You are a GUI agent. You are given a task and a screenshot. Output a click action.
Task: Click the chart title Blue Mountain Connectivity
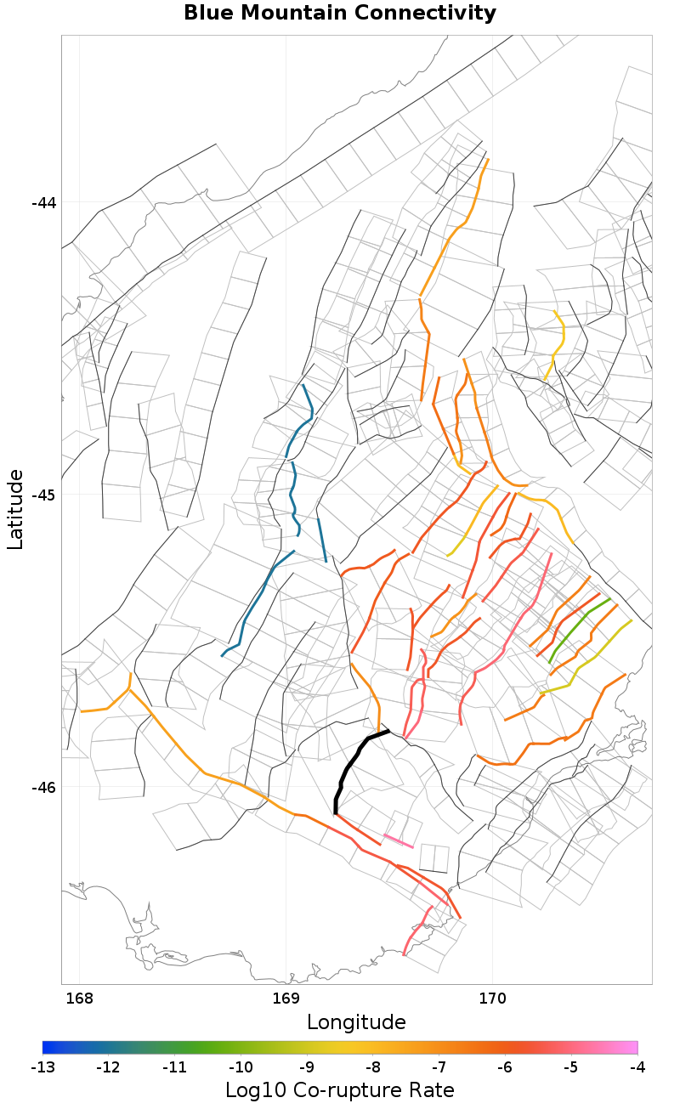click(x=340, y=14)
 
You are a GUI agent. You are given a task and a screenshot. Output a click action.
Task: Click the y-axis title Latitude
click(x=16, y=509)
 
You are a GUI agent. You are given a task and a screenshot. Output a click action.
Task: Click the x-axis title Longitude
click(x=356, y=1021)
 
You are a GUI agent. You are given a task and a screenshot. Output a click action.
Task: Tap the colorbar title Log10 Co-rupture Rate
click(x=340, y=1090)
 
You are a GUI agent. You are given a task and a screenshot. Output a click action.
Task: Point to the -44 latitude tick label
click(x=43, y=202)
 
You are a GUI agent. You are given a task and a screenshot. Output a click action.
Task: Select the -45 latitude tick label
click(x=43, y=495)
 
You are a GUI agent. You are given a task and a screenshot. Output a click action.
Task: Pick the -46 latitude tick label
click(x=43, y=787)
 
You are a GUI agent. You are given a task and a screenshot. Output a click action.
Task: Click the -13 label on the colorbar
click(x=42, y=1067)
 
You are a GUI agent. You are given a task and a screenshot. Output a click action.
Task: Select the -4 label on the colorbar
click(x=637, y=1067)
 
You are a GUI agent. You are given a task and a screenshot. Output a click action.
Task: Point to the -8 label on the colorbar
click(x=373, y=1067)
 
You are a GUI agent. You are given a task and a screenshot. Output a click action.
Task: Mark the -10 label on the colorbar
click(x=241, y=1067)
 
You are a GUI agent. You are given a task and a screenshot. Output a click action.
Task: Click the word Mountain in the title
click(x=342, y=14)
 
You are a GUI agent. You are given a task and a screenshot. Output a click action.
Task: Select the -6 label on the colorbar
click(x=505, y=1067)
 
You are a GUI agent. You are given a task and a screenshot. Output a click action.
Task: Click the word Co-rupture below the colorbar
click(x=340, y=1090)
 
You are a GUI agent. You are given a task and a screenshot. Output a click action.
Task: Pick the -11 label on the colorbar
click(x=174, y=1067)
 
